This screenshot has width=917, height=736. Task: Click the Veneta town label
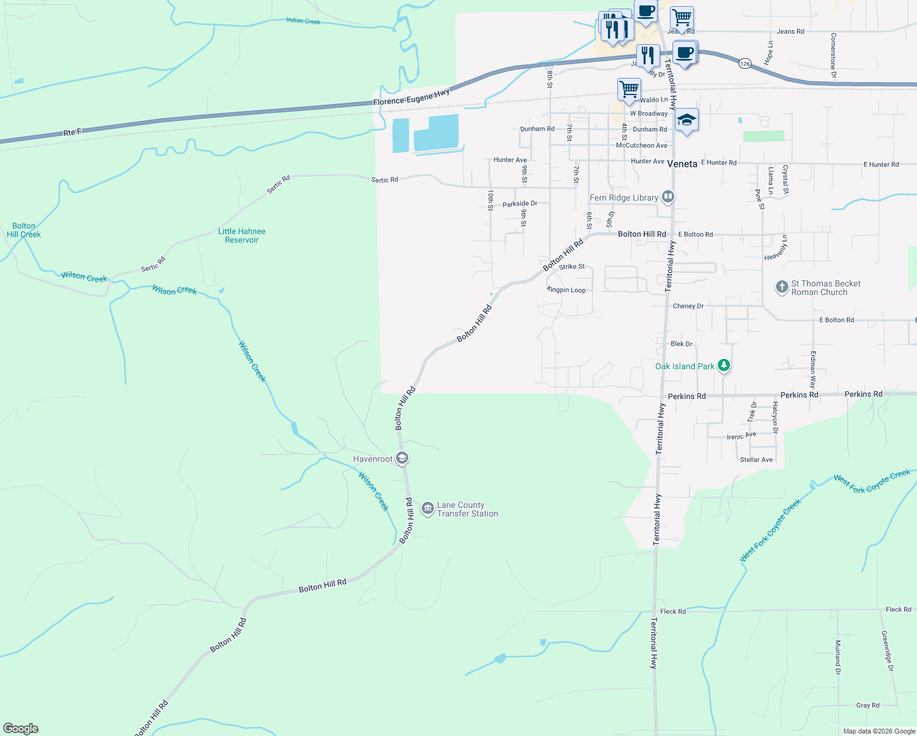pos(682,164)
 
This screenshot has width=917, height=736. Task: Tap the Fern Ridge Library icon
pos(668,197)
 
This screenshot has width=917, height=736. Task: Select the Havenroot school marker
pos(402,458)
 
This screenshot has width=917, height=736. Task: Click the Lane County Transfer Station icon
pos(428,509)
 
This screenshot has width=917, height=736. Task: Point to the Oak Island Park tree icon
pos(724,366)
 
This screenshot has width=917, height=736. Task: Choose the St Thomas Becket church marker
pos(782,287)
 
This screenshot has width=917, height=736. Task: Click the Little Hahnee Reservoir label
pos(242,236)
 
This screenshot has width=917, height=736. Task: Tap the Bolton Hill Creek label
pos(24,230)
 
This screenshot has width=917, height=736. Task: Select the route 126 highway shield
pos(745,63)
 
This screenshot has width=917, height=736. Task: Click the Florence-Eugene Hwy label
pos(411,97)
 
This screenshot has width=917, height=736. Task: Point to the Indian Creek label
pos(303,21)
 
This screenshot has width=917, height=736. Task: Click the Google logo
pos(21,728)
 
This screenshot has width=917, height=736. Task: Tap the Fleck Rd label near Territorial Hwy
pos(673,611)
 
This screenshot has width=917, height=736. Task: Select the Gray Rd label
pos(867,705)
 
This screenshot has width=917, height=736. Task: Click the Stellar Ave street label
pos(756,459)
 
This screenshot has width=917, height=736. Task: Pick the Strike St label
pos(572,267)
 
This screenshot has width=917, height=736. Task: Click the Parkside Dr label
pos(520,204)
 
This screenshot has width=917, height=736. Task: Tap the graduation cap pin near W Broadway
pos(687,120)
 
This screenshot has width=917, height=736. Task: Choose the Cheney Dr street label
pos(688,306)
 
